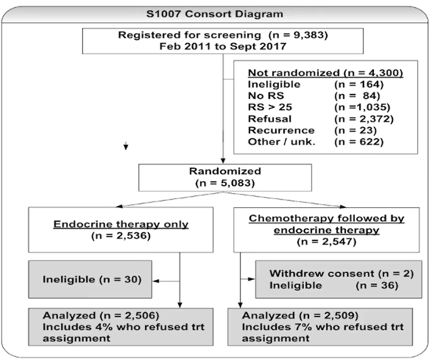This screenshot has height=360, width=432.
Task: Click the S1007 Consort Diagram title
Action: pyautogui.click(x=215, y=14)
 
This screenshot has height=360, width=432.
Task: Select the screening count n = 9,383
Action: pyautogui.click(x=298, y=35)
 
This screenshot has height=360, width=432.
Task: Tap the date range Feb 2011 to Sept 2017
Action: pyautogui.click(x=223, y=46)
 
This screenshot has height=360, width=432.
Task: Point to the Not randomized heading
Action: pyautogui.click(x=325, y=73)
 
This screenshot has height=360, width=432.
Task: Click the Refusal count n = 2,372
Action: pyautogui.click(x=364, y=118)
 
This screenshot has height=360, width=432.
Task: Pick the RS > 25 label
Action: pyautogui.click(x=270, y=107)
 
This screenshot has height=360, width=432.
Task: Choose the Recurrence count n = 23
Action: pyautogui.click(x=355, y=130)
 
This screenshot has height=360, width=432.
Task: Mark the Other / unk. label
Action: pyautogui.click(x=281, y=142)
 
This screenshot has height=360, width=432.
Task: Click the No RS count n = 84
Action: pyautogui.click(x=357, y=96)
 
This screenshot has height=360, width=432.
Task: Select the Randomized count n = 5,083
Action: pyautogui.click(x=225, y=183)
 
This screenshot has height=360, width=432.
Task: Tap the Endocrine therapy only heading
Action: pyautogui.click(x=121, y=224)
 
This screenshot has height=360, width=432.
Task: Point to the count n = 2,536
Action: pyautogui.click(x=121, y=236)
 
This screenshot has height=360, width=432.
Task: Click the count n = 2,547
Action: pyautogui.click(x=326, y=242)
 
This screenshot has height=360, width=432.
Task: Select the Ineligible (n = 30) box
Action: pyautogui.click(x=90, y=279)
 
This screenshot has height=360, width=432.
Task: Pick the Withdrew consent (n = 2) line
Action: pyautogui.click(x=342, y=274)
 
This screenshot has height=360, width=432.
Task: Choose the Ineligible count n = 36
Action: pyautogui.click(x=377, y=285)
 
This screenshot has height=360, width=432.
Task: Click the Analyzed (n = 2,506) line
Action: pyautogui.click(x=101, y=315)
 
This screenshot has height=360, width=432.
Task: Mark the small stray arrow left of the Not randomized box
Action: pyautogui.click(x=126, y=146)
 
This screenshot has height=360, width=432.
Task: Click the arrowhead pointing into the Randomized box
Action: pyautogui.click(x=223, y=161)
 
